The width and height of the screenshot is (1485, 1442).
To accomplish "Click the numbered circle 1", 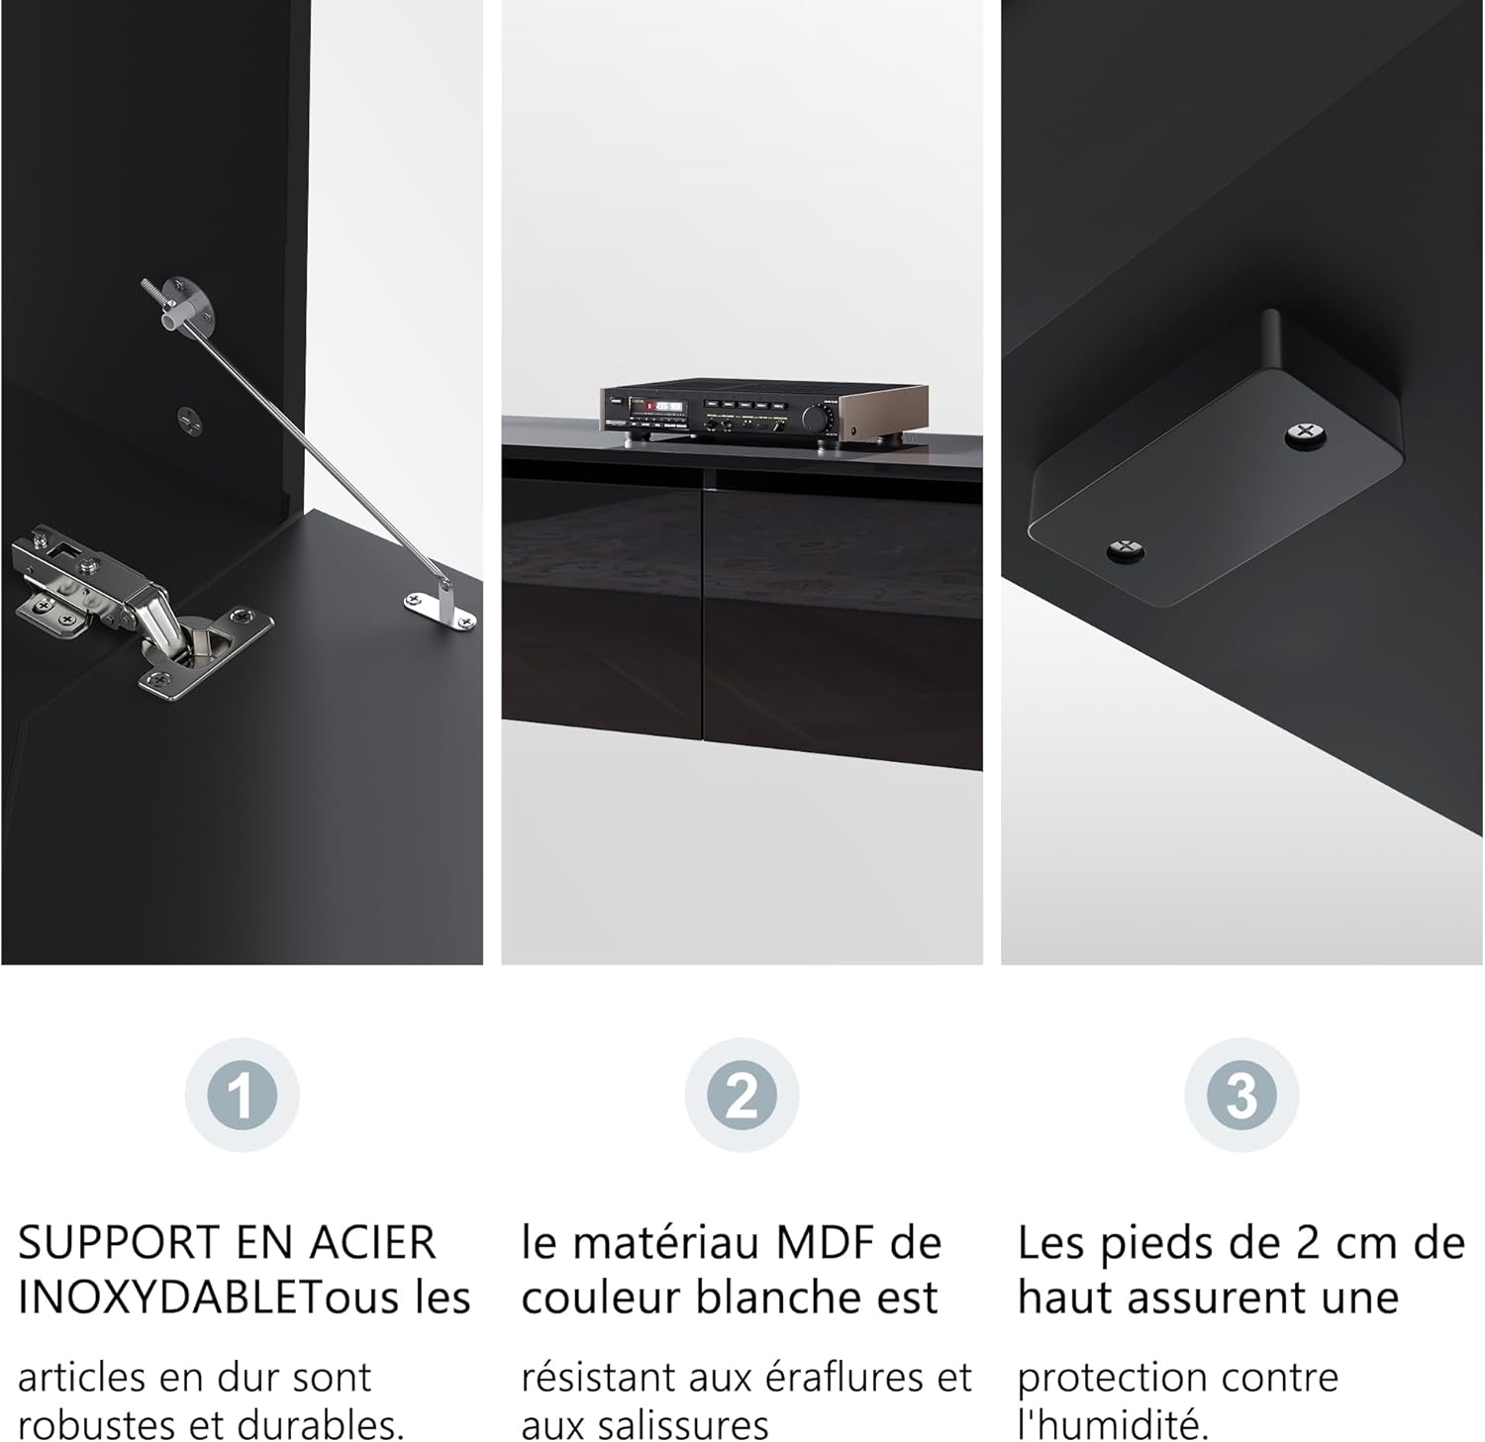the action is click(242, 1095).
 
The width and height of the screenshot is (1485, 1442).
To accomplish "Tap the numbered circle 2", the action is click(742, 1095).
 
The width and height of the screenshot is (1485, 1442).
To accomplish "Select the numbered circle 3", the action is click(1241, 1095).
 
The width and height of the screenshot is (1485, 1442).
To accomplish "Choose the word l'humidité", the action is click(1114, 1425).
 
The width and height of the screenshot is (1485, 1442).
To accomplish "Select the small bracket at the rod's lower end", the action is click(441, 606).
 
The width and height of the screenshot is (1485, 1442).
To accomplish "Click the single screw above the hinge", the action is click(190, 420).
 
